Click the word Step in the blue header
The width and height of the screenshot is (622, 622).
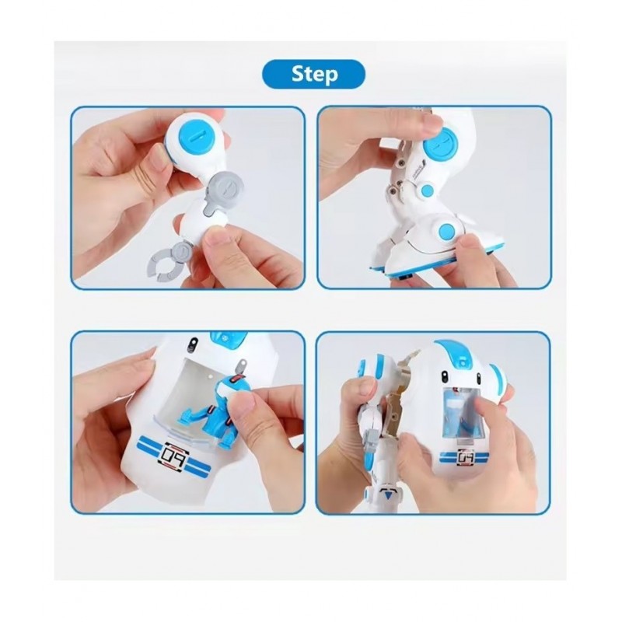point(315,75)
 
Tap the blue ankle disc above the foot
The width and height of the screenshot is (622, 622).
point(446,232)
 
